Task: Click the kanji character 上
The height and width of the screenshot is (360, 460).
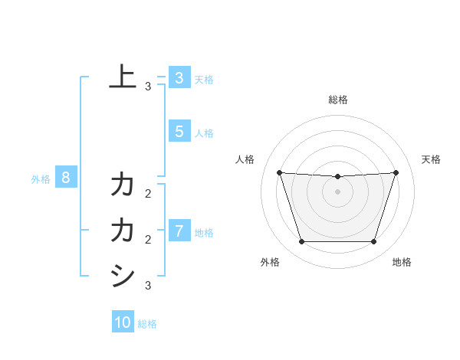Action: coord(123,77)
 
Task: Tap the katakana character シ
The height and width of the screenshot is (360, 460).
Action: coord(123,277)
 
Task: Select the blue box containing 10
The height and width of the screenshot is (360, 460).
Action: coord(123,322)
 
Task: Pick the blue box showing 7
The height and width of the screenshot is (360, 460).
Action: coord(179,231)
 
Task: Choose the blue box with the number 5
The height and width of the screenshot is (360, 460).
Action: coord(179,131)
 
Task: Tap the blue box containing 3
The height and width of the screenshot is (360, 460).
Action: coord(179,77)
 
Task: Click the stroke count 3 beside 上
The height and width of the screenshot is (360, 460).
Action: coord(148,87)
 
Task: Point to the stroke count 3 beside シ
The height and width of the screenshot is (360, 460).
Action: coord(148,286)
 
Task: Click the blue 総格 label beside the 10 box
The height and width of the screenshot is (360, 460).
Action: coord(147,324)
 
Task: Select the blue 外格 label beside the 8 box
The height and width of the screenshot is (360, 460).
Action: coord(41,179)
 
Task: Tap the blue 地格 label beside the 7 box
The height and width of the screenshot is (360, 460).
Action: coord(204,232)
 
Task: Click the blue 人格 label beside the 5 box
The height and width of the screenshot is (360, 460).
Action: coord(204,133)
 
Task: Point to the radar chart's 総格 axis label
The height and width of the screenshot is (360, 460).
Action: coord(337,100)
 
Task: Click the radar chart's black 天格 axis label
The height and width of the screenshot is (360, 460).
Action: coord(431,159)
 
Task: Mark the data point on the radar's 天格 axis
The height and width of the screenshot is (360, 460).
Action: coord(396,172)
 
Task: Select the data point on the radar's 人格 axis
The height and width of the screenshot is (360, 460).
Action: coord(279,172)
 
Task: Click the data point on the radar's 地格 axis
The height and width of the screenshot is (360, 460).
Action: coord(373,242)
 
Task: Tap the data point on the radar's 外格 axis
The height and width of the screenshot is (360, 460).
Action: coord(301,242)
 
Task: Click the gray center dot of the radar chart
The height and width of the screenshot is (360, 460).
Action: coord(337,191)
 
